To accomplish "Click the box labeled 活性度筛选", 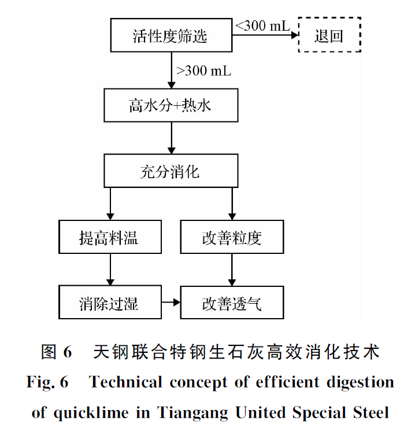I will click(170, 36).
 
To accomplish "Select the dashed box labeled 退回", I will click(329, 36).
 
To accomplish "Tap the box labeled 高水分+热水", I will click(171, 105).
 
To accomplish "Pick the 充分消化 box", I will click(171, 172).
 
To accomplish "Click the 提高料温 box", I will click(110, 237).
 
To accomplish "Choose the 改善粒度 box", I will click(232, 237).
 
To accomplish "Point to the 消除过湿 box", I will click(110, 302).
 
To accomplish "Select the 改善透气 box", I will click(232, 302).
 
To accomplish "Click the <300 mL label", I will click(262, 25).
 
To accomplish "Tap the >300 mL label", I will click(203, 71).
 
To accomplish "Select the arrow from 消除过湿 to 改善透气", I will click(171, 302).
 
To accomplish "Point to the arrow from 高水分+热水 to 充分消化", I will click(171, 138).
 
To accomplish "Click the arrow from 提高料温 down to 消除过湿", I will click(110, 270).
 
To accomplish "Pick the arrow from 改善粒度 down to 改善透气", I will click(232, 270).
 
